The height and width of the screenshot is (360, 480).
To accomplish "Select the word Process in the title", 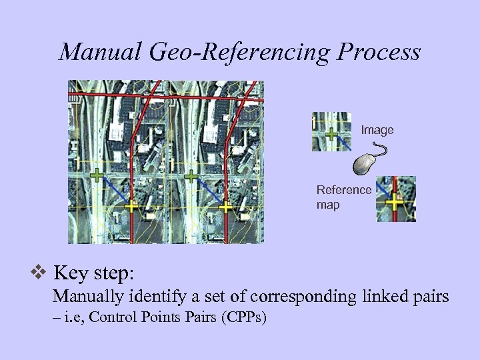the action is [381, 51].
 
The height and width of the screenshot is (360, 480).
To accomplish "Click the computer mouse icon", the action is [366, 164].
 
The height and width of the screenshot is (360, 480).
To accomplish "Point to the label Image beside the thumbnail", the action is [377, 131].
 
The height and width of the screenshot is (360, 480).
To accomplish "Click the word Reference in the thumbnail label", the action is [344, 190].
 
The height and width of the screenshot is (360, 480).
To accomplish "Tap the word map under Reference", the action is [328, 205].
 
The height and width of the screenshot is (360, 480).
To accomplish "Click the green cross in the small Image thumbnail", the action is [330, 132].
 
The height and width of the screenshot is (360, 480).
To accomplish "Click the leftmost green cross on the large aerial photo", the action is [97, 176].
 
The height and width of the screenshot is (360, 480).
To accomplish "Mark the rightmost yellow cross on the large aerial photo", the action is [226, 207].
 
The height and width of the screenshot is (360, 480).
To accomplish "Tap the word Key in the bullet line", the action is [69, 273].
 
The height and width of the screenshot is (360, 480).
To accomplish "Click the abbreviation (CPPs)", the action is [244, 317].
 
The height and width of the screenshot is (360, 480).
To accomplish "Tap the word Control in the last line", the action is [110, 317].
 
